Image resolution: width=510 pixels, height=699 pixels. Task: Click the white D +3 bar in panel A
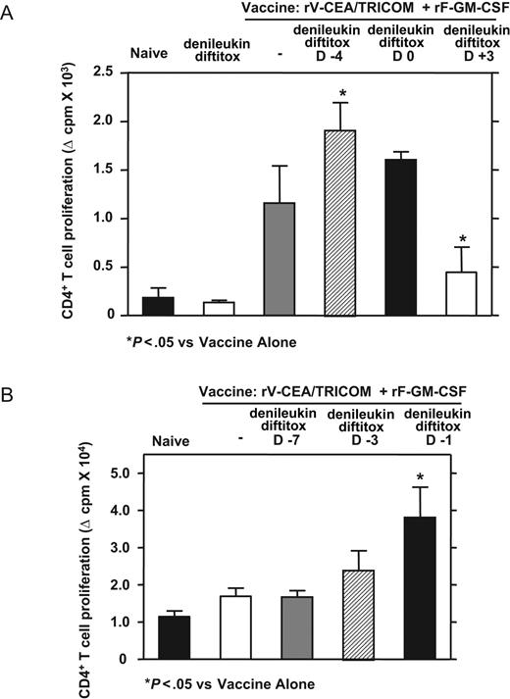[461, 294]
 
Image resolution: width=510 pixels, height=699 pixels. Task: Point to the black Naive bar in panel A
[158, 307]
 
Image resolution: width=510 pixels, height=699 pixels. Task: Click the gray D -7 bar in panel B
[297, 627]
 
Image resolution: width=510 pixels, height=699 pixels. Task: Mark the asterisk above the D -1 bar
[420, 478]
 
